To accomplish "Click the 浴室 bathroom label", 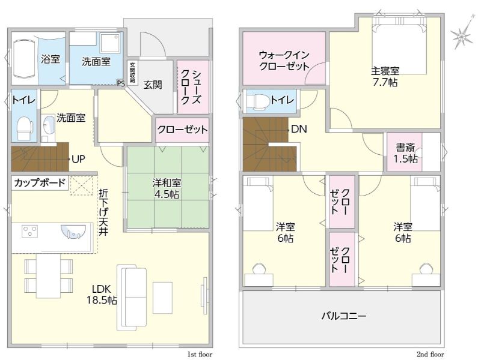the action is pos(51,59).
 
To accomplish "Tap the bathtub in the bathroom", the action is pos(24,58).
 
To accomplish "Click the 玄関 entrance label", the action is pos(153,85).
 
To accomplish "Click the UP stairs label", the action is pos(78,159).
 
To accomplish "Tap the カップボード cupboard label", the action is pos(40,183).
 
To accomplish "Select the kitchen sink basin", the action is pos(73,231).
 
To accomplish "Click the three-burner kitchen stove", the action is pos(29,231).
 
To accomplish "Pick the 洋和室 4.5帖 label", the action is pos(167,188).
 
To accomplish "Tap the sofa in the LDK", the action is pos(132,298).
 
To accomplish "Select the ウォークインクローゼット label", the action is pos(284,61).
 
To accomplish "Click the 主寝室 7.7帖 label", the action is pos(385,77).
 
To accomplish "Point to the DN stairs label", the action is pos(299,129).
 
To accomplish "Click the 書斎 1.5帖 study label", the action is pos(405,154).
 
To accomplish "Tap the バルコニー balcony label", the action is pos(343,316).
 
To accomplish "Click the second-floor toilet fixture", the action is pos(257,101).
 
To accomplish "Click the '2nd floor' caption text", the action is pos(430,355).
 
